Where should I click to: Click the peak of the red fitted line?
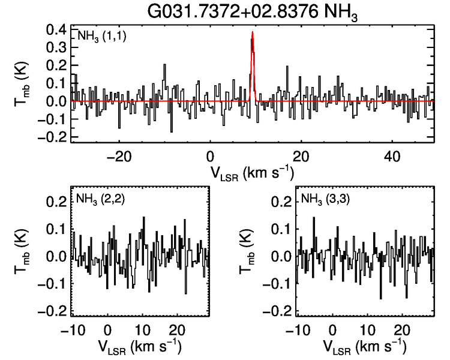coord(253,32)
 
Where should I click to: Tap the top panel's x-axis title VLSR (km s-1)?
coord(252,173)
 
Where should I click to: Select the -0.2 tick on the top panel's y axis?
coord(53,136)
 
